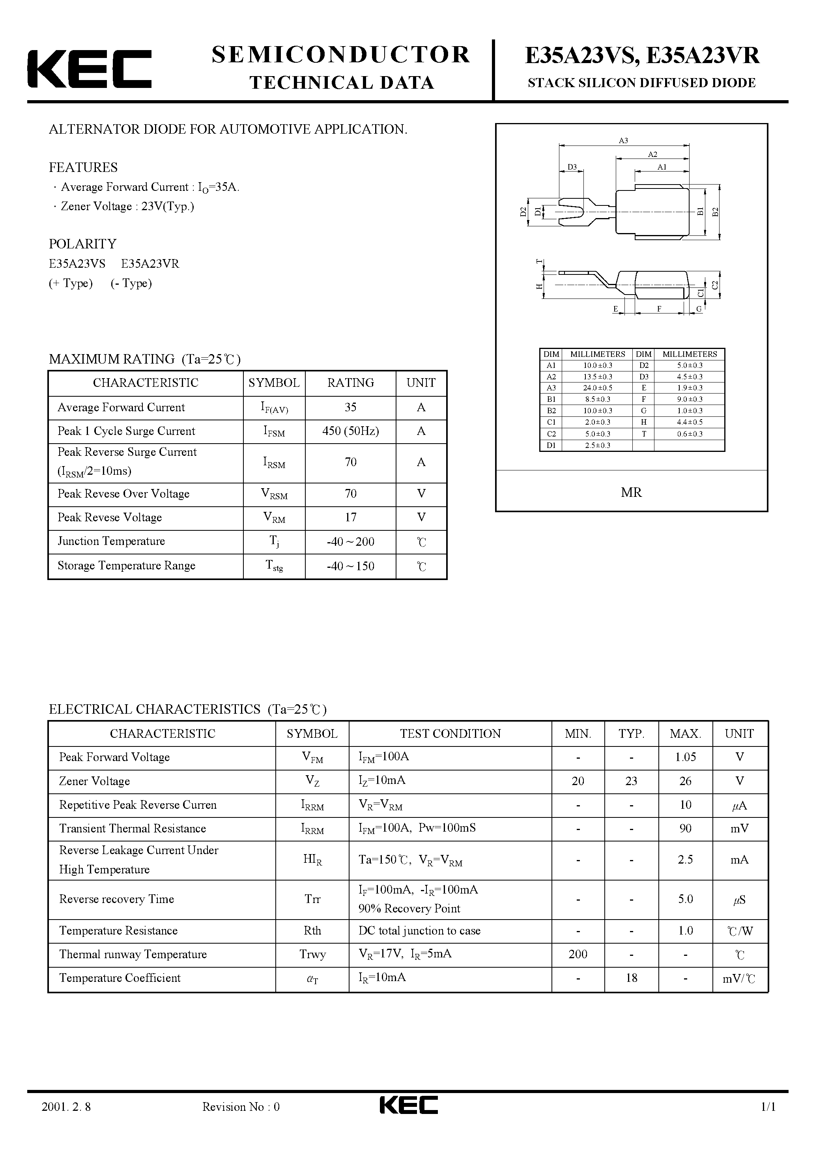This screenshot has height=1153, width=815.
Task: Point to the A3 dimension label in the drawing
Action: coord(623,141)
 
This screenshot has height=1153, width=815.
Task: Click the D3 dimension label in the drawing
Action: coord(572,167)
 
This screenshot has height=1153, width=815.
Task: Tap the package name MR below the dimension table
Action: coord(631,493)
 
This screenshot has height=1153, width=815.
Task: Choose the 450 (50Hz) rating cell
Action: coord(350,431)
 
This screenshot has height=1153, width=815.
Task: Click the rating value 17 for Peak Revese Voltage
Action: coord(350,518)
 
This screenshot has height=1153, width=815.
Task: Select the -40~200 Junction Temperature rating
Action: coord(350,542)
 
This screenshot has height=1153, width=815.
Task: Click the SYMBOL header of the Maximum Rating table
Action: coord(274,382)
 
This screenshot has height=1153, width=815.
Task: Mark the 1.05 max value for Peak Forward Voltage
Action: coord(685,757)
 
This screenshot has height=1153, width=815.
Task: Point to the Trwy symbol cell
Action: coord(312,955)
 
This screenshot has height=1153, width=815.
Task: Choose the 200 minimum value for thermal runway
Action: coord(578,955)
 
